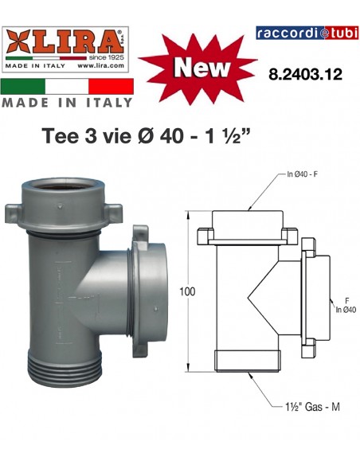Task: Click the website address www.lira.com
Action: [102, 67]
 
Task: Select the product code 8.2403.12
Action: [307, 74]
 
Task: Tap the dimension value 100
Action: [186, 292]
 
